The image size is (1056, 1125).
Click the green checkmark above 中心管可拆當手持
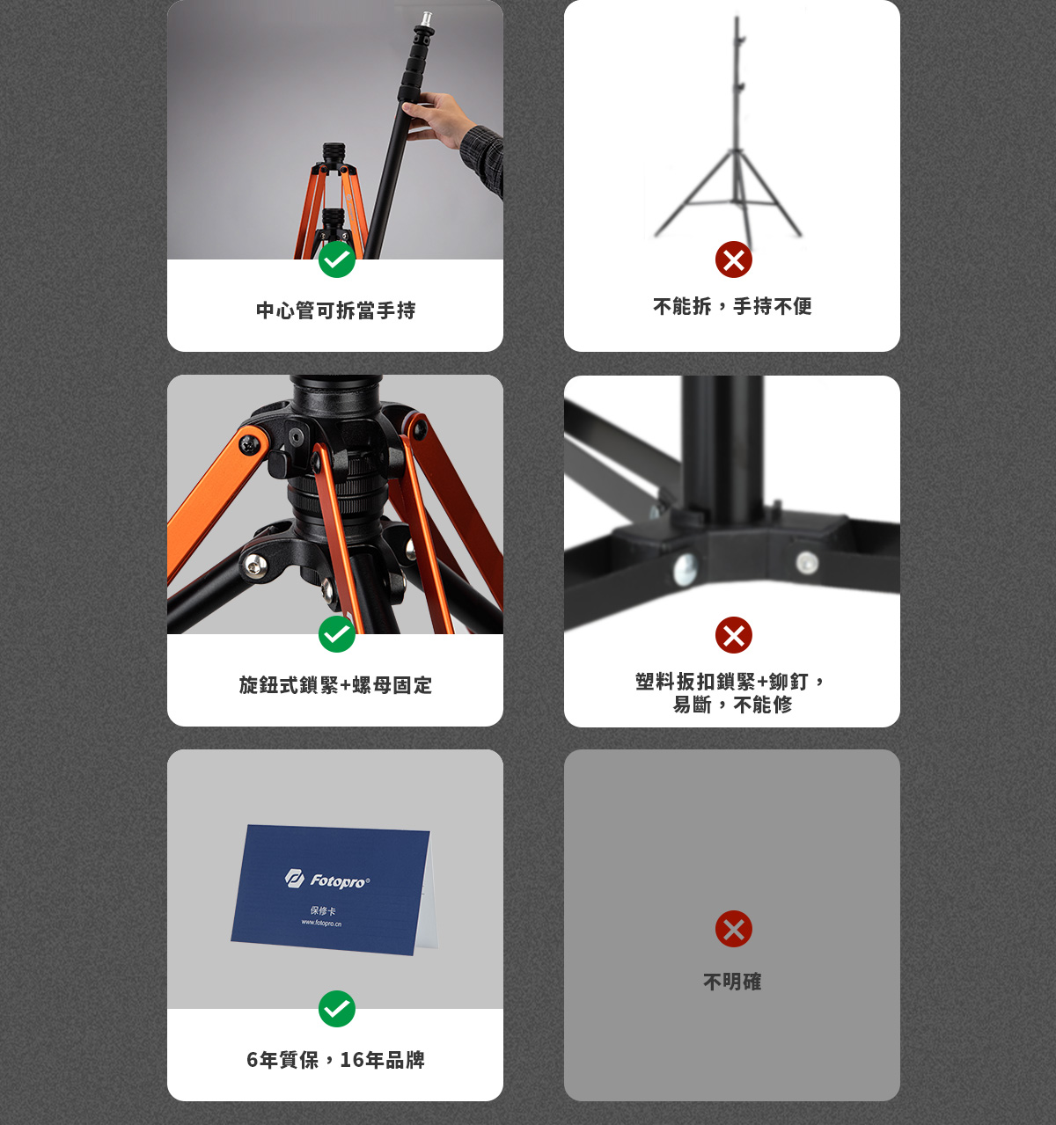point(337,259)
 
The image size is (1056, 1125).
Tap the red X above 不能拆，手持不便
point(733,259)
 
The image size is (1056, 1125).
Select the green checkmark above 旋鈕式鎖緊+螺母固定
point(337,634)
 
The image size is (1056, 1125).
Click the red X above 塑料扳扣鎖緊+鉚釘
point(733,635)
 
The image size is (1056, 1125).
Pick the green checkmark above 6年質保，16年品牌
point(337,1009)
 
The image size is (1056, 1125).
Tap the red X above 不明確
point(733,929)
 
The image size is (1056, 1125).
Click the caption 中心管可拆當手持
point(335,310)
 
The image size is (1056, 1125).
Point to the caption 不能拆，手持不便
point(732,306)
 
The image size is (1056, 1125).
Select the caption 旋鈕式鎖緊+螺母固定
point(335,685)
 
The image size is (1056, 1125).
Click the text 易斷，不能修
point(732,705)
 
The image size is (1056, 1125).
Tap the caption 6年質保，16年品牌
point(335,1060)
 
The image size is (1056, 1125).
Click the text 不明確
point(732,982)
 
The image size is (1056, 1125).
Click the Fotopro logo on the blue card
point(327,880)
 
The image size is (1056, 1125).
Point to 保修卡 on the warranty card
point(323,911)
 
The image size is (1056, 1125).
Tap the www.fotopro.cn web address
point(321,924)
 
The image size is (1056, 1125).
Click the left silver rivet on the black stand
point(685,569)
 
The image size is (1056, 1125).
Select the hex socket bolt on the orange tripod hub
point(296,437)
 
